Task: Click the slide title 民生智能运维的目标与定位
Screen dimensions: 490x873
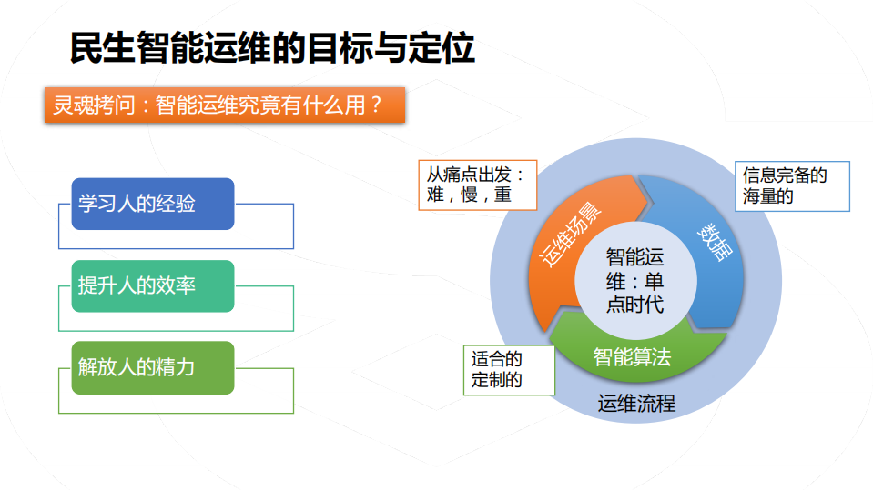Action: [272, 47]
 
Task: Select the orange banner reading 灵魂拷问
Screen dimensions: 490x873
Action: [224, 105]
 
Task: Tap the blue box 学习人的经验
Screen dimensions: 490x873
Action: [153, 204]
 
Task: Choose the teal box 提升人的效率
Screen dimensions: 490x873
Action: [153, 286]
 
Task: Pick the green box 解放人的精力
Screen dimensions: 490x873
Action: [153, 368]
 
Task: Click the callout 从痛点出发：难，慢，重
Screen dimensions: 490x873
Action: [477, 185]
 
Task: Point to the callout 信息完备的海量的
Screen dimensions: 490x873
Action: [792, 185]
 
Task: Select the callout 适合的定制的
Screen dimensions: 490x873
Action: [509, 370]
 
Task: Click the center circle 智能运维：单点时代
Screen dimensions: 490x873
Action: [634, 280]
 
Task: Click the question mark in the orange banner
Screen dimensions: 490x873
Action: [374, 105]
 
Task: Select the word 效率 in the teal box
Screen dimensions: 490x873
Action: [177, 286]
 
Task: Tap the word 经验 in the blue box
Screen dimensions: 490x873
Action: [177, 204]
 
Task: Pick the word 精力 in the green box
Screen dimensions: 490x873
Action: [177, 368]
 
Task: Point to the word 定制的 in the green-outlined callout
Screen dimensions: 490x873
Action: [497, 381]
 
